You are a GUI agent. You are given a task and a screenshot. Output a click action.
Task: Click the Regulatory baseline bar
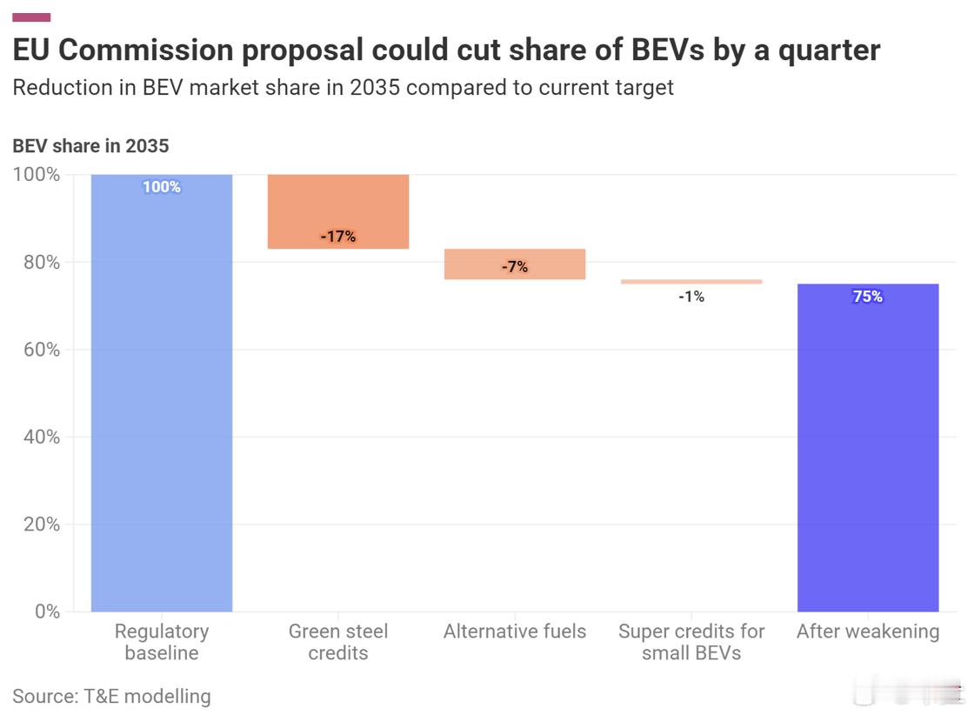click(x=162, y=392)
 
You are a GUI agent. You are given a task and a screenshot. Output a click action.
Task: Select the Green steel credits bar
click(x=338, y=211)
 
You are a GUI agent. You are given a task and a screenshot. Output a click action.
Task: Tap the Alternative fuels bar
click(x=515, y=264)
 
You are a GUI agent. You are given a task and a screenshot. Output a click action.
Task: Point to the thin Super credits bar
click(x=691, y=282)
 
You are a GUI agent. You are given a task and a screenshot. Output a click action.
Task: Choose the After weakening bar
click(x=868, y=447)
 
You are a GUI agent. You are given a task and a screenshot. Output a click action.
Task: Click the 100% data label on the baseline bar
click(x=162, y=187)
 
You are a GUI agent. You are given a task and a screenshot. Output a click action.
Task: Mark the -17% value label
click(x=338, y=237)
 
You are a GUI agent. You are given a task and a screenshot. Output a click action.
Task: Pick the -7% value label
click(x=515, y=267)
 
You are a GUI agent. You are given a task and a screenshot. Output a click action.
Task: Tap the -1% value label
click(x=691, y=297)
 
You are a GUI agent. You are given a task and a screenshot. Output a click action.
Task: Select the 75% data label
click(x=868, y=297)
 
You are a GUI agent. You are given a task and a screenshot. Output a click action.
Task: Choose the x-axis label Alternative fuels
click(x=515, y=631)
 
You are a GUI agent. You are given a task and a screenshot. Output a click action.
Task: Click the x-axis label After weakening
click(x=868, y=631)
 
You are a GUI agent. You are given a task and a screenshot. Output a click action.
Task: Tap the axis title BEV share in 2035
click(x=90, y=146)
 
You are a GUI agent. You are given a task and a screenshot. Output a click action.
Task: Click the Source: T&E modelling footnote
click(x=111, y=696)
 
